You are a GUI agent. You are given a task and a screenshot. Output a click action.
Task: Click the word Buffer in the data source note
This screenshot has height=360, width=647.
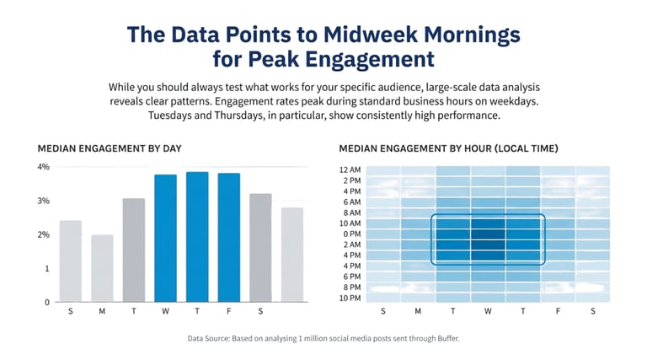(x=441, y=339)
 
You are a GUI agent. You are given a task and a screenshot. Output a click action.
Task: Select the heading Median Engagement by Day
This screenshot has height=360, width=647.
(x=109, y=148)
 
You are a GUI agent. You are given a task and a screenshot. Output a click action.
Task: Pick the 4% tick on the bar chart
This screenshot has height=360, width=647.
(x=44, y=167)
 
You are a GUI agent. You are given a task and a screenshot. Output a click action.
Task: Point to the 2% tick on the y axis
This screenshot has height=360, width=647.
(x=44, y=234)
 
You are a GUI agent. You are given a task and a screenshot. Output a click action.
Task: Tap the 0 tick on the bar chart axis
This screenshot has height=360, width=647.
(x=47, y=302)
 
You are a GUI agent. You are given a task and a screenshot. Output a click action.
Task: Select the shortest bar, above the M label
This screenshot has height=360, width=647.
(x=102, y=268)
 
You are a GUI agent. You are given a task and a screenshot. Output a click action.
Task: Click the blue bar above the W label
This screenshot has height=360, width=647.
(x=165, y=238)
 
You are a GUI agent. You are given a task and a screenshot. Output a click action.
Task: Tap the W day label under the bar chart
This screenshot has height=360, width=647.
(x=165, y=311)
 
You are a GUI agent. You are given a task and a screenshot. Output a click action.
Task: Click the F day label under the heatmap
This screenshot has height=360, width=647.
(x=557, y=311)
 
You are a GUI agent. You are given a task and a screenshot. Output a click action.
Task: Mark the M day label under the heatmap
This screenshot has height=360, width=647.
(x=418, y=311)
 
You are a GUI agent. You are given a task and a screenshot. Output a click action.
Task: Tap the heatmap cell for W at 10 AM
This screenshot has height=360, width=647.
(x=488, y=223)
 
